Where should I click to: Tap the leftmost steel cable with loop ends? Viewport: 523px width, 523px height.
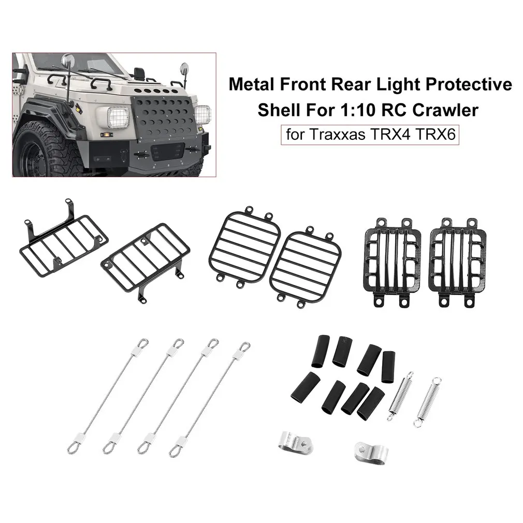click(108, 396)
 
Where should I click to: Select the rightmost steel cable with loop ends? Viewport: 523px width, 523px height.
click(210, 399)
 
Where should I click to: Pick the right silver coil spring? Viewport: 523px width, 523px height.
click(427, 402)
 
